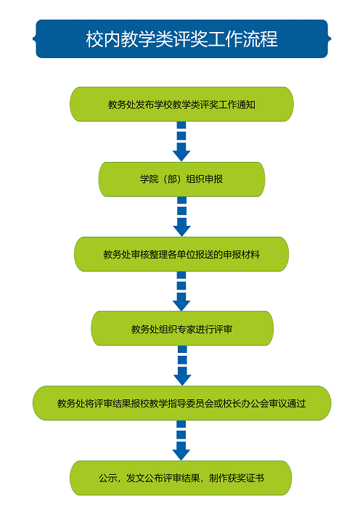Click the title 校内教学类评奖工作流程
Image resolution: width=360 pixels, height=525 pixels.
pyautogui.click(x=181, y=38)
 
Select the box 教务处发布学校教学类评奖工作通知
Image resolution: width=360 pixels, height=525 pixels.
pyautogui.click(x=181, y=105)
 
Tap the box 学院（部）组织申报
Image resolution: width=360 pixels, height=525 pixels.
pyautogui.click(x=181, y=179)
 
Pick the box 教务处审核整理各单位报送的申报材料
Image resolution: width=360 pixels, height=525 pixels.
pyautogui.click(x=181, y=254)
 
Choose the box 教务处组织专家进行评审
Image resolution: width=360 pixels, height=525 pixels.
pyautogui.click(x=182, y=328)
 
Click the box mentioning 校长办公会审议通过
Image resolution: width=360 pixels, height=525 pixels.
pyautogui.click(x=181, y=403)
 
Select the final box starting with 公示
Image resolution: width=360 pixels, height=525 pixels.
pyautogui.click(x=181, y=478)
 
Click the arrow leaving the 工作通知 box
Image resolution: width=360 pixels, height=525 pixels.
pyautogui.click(x=181, y=142)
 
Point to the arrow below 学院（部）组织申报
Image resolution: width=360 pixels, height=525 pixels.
pyautogui.click(x=181, y=216)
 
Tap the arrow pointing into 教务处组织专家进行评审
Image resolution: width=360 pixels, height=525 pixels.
pyautogui.click(x=181, y=291)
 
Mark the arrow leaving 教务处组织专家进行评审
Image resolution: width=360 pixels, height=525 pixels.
pyautogui.click(x=182, y=366)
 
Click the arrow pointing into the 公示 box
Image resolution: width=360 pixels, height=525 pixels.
pyautogui.click(x=181, y=441)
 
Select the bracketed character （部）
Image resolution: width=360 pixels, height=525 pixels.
pyautogui.click(x=172, y=179)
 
